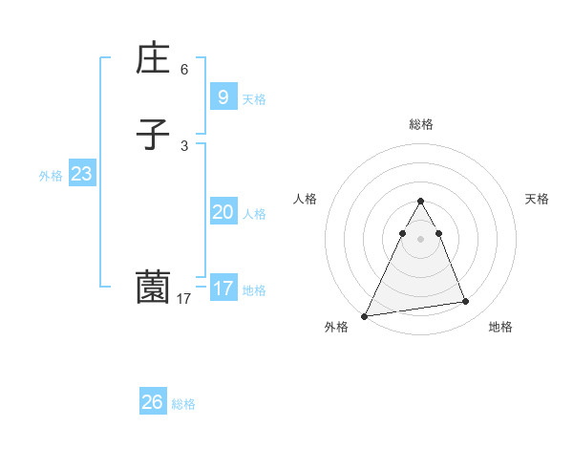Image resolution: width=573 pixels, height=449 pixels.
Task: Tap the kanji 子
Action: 153,135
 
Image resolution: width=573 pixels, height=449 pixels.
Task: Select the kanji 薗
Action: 153,288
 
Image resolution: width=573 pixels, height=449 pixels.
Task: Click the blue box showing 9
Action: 223,97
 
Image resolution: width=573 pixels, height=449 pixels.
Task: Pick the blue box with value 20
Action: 223,212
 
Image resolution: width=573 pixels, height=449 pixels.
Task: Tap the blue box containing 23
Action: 81,174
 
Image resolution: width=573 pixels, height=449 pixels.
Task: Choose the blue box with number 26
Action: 153,402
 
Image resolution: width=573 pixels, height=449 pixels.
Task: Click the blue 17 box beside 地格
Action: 223,288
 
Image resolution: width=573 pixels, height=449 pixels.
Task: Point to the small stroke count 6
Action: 184,70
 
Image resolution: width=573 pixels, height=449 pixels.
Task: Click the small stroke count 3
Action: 184,146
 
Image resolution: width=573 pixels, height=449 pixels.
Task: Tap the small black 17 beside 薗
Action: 184,299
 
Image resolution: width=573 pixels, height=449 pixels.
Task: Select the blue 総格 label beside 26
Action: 183,404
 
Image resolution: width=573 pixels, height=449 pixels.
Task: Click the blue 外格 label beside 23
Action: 51,176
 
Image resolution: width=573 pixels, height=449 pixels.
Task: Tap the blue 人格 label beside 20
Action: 255,214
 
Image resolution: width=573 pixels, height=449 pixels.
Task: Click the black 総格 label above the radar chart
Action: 420,124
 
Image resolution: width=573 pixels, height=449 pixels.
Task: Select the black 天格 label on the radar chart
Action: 538,199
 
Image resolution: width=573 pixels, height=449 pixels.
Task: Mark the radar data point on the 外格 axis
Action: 365,315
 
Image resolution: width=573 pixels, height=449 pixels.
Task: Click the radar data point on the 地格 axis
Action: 466,302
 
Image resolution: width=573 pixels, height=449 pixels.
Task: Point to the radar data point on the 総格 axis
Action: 420,202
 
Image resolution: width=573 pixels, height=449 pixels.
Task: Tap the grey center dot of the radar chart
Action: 420,239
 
